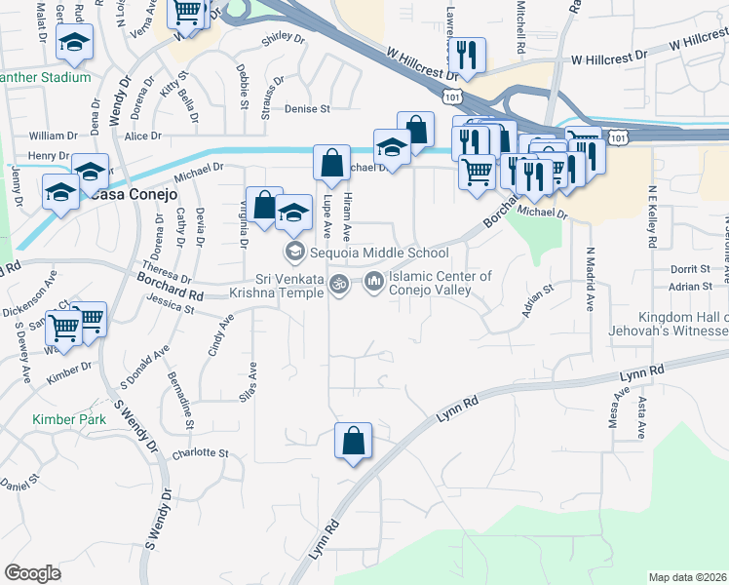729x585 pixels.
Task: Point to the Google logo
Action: (32, 573)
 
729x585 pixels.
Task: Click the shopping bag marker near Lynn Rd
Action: (353, 441)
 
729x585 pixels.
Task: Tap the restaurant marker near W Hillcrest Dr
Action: (470, 58)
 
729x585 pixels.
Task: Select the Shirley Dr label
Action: (283, 41)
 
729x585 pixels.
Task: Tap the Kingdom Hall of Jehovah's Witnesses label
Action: (683, 325)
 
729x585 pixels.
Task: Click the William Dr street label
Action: (53, 135)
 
